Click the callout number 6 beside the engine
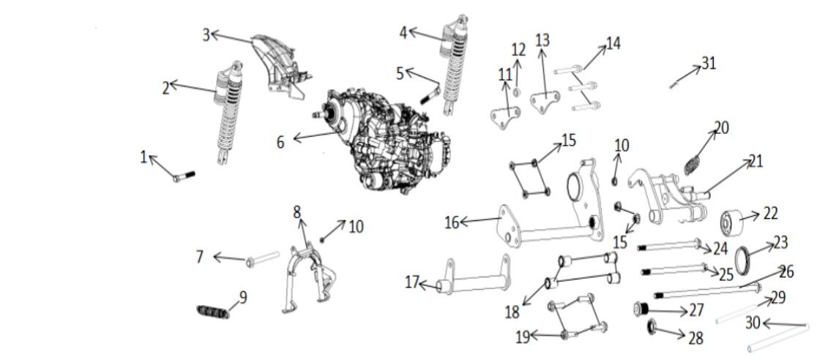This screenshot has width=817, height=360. tap(280, 142)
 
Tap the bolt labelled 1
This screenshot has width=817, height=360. tap(184, 176)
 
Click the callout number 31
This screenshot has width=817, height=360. tap(708, 64)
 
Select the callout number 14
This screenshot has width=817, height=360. tap(613, 43)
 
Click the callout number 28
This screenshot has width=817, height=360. tap(695, 337)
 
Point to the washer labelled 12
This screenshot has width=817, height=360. tap(517, 91)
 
